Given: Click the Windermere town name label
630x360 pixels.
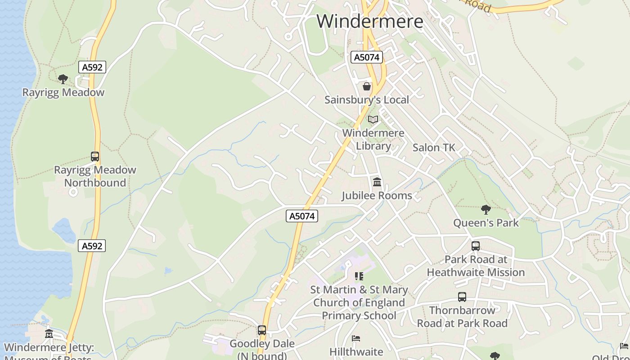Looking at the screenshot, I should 370,21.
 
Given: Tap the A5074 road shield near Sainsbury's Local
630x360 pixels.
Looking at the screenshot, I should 367,57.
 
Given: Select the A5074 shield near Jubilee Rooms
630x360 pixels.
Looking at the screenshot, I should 302,216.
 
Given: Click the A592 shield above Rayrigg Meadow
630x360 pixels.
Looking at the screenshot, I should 92,67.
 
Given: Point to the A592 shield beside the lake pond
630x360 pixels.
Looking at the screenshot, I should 92,246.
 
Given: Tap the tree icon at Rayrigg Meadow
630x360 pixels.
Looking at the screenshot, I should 63,79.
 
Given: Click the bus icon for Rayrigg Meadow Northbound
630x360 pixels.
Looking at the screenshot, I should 95,157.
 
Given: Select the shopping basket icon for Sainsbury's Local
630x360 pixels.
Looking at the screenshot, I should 367,86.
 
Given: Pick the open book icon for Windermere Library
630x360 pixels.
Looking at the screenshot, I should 373,119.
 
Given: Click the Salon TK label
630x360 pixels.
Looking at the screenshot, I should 434,147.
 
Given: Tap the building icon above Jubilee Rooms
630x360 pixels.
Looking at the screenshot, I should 377,182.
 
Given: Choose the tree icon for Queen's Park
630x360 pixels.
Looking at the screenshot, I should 486,209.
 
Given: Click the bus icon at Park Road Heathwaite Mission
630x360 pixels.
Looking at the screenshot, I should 476,246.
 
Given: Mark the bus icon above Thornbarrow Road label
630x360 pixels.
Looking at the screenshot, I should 462,297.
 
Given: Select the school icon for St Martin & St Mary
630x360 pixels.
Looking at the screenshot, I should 359,276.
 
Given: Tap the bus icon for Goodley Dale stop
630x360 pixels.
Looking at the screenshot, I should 262,330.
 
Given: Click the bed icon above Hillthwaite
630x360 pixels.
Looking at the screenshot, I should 356,338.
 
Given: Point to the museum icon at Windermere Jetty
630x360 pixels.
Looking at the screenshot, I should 49,334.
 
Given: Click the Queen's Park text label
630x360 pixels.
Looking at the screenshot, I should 486,223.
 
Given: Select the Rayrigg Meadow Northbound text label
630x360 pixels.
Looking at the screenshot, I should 95,176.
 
